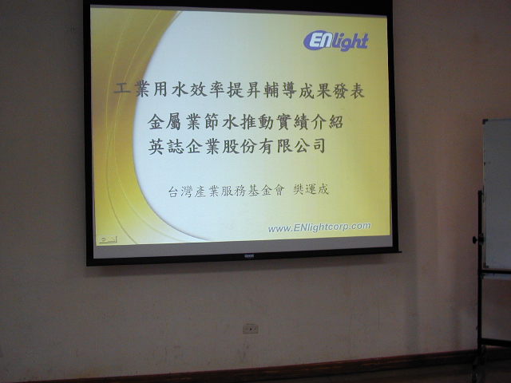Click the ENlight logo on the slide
pos(336,41)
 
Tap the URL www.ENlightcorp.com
pos(319,227)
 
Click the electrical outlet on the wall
pos(250,329)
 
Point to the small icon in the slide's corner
pos(108,240)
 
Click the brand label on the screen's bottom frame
pos(249,256)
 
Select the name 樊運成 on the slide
pos(311,190)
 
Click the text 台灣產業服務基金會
pos(226,191)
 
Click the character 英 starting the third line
pos(157,146)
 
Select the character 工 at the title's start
pos(122,88)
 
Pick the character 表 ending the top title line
pos(356,90)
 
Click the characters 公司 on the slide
pos(310,145)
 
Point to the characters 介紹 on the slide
pos(326,122)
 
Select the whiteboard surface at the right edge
pos(497,194)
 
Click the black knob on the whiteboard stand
pos(476,240)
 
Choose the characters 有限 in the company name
pos(275,145)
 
